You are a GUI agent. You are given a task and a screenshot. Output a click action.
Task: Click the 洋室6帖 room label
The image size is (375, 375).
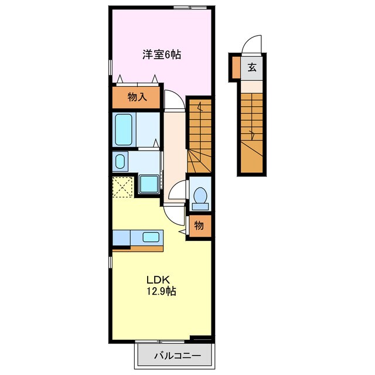click(x=162, y=54)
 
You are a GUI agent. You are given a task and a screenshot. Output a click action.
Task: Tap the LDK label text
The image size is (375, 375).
click(x=158, y=279)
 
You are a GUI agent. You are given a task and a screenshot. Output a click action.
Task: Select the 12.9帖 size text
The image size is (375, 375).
click(x=161, y=291)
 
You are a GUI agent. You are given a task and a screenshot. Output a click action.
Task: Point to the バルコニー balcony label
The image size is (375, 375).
click(x=177, y=356)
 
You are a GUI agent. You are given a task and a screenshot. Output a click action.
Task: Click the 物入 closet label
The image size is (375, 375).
click(x=137, y=97)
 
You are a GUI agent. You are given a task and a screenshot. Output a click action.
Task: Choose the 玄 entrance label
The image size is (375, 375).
click(x=252, y=67)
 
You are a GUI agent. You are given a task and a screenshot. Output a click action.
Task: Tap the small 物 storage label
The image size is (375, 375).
click(x=199, y=225)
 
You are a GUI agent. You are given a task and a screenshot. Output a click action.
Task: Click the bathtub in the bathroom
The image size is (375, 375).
click(x=124, y=129)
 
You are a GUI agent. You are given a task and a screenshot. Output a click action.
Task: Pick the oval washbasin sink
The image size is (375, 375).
click(x=120, y=161)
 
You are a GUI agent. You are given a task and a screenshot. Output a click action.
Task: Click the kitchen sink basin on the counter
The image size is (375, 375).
click(x=151, y=237)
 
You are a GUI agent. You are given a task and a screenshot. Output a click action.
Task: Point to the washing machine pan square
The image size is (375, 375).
click(x=149, y=183)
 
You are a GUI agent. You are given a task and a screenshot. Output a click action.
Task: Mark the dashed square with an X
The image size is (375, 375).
click(x=122, y=187)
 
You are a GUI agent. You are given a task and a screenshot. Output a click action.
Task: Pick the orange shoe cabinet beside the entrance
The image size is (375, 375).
click(x=236, y=67)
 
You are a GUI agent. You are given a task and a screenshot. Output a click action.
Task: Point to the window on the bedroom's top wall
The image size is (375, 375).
click(x=190, y=8)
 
